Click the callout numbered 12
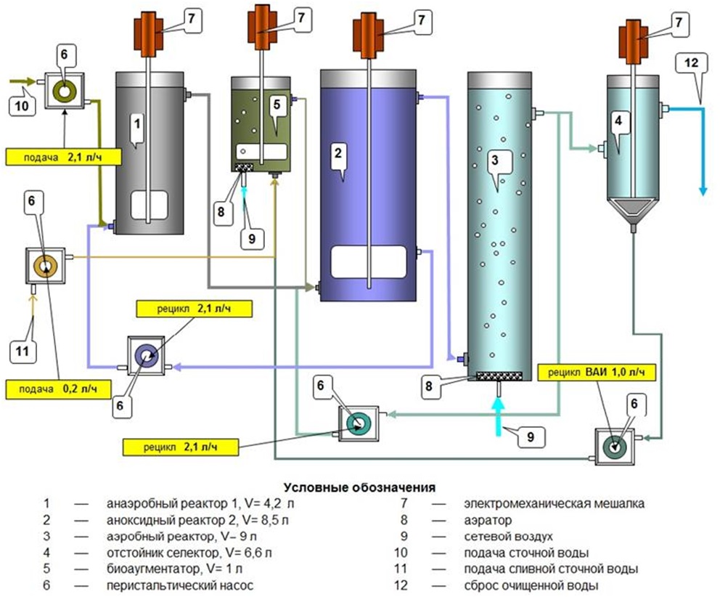[691, 62]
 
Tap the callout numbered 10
[22, 107]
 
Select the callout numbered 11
[22, 352]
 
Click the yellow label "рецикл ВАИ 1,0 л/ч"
[596, 372]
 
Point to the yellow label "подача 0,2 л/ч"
[58, 389]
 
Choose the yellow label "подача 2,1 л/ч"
[63, 157]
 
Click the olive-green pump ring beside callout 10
[65, 91]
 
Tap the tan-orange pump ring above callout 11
[46, 267]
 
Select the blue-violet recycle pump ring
[146, 356]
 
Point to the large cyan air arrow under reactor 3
[497, 416]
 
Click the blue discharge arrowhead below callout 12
[703, 190]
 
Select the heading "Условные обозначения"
[359, 487]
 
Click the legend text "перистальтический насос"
[180, 585]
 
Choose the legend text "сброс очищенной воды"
[531, 585]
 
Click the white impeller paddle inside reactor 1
[149, 205]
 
